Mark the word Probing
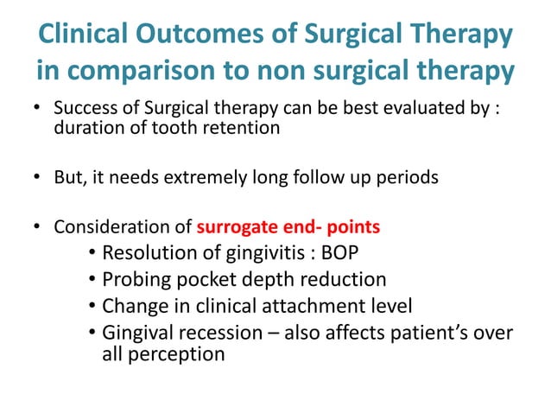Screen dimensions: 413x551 (x=136, y=280)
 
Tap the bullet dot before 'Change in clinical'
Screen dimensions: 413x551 (x=92, y=306)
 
